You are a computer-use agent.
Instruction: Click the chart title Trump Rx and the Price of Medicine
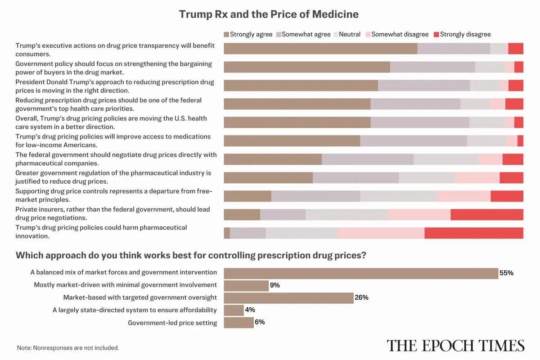[269, 14]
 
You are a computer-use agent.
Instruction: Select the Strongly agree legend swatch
[226, 34]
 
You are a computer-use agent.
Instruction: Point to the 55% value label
[506, 273]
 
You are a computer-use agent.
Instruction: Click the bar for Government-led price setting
[238, 323]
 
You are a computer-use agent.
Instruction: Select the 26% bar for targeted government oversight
[288, 297]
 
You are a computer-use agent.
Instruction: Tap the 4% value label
[250, 310]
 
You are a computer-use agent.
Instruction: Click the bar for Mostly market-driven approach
[246, 285]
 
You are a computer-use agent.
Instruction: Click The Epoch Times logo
[455, 346]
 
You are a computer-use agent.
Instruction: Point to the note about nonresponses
[68, 348]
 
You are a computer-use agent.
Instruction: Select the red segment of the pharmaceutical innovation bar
[473, 233]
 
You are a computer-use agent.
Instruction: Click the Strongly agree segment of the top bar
[320, 49]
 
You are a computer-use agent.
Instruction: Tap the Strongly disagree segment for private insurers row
[486, 215]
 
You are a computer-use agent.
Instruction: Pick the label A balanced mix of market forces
[124, 272]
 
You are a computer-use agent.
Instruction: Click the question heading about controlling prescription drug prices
[191, 256]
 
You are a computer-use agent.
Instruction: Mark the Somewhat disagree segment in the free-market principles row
[463, 196]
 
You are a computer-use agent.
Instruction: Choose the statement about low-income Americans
[113, 140]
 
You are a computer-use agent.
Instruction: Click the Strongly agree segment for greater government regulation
[268, 178]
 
